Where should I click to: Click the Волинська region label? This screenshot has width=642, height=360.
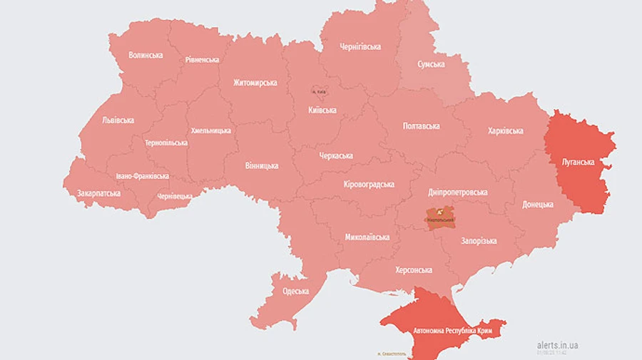point(146,55)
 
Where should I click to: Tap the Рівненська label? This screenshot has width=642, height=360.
point(202,60)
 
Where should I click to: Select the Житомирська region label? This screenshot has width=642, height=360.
point(255,83)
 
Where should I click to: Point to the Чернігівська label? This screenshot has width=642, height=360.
point(360,47)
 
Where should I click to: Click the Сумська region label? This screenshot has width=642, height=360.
point(431,64)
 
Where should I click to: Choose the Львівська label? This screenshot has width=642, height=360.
point(118,120)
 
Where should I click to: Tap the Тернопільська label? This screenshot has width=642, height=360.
point(165,143)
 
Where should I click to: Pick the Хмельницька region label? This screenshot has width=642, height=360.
point(210,131)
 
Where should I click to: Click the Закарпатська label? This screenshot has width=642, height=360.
point(99,193)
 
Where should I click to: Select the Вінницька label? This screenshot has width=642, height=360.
point(261,166)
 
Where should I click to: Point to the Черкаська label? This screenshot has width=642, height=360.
point(336,156)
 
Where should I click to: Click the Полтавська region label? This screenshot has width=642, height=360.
point(421,126)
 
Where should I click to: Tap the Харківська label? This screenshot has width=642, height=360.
point(505,131)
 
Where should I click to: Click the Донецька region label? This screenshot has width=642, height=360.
point(537,205)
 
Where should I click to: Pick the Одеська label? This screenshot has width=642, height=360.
point(295,291)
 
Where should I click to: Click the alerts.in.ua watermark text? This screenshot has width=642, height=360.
point(558,345)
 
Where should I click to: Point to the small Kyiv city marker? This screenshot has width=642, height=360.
point(317,91)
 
